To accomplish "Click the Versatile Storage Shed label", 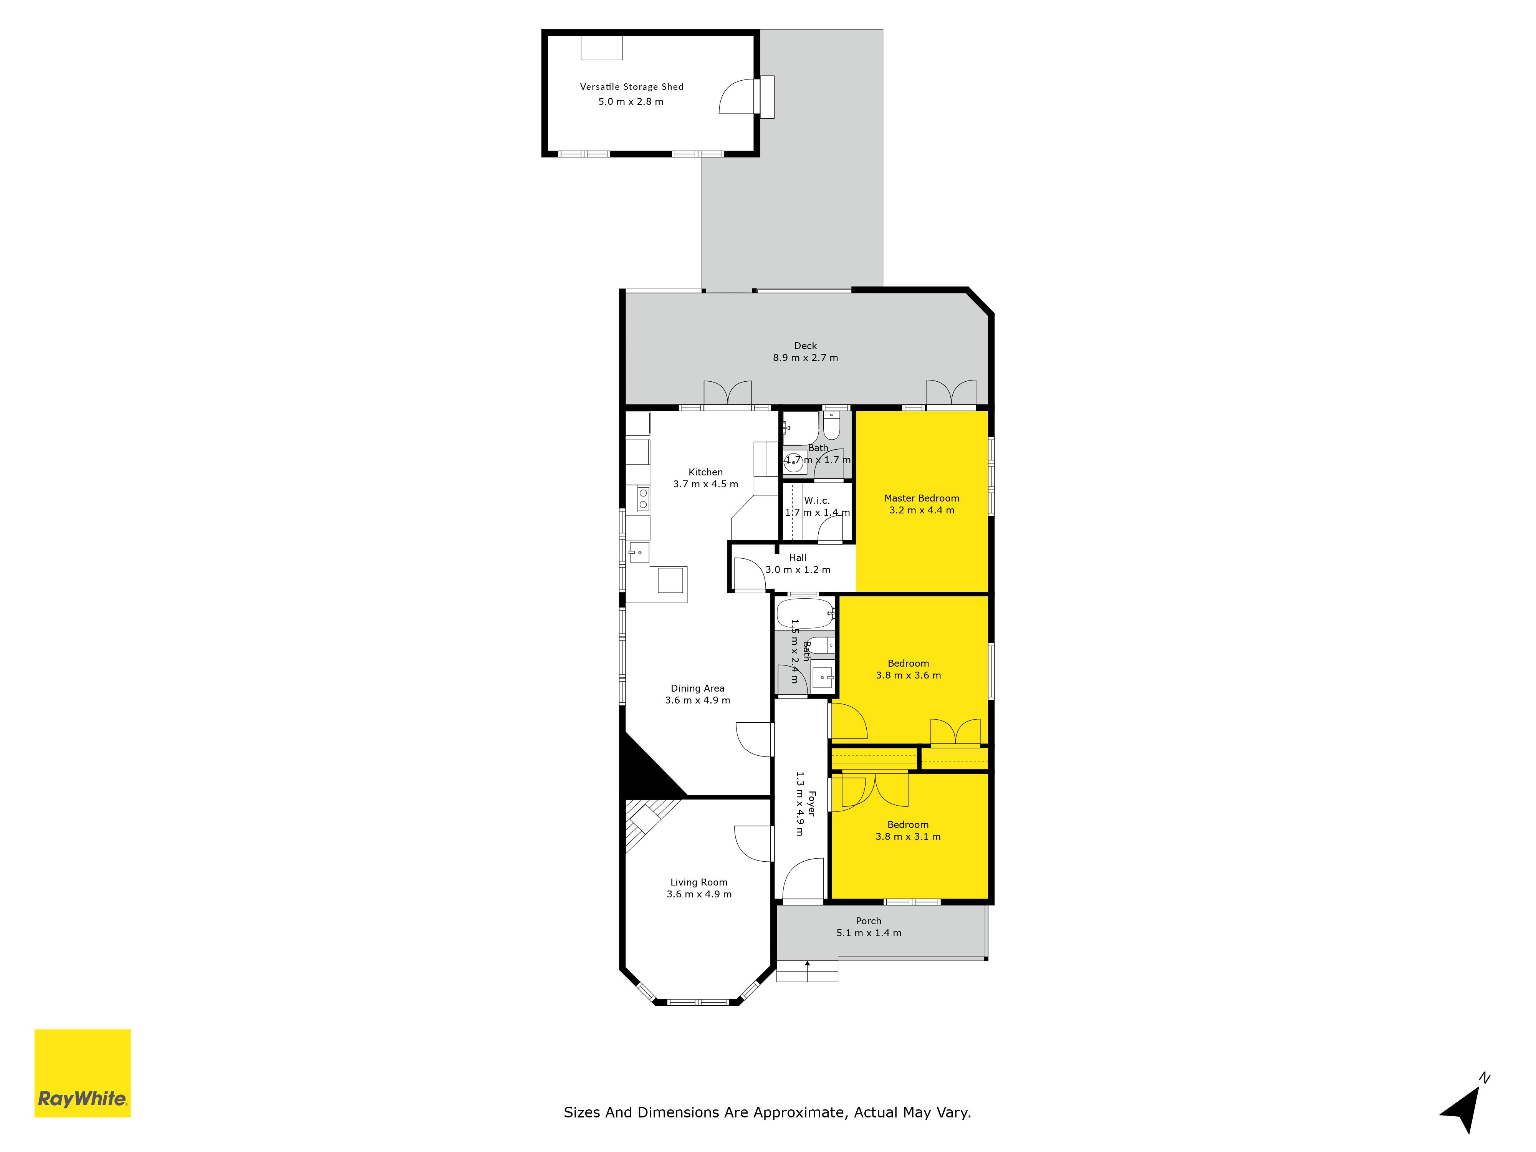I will coord(631,87).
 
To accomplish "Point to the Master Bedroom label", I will coord(922,498).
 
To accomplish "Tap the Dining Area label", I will coord(697,688).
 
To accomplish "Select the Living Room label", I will coord(698,882).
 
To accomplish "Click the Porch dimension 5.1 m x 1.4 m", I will coord(869,933).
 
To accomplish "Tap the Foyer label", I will coord(811,803).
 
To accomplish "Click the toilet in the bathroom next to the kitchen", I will coord(832,425).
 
